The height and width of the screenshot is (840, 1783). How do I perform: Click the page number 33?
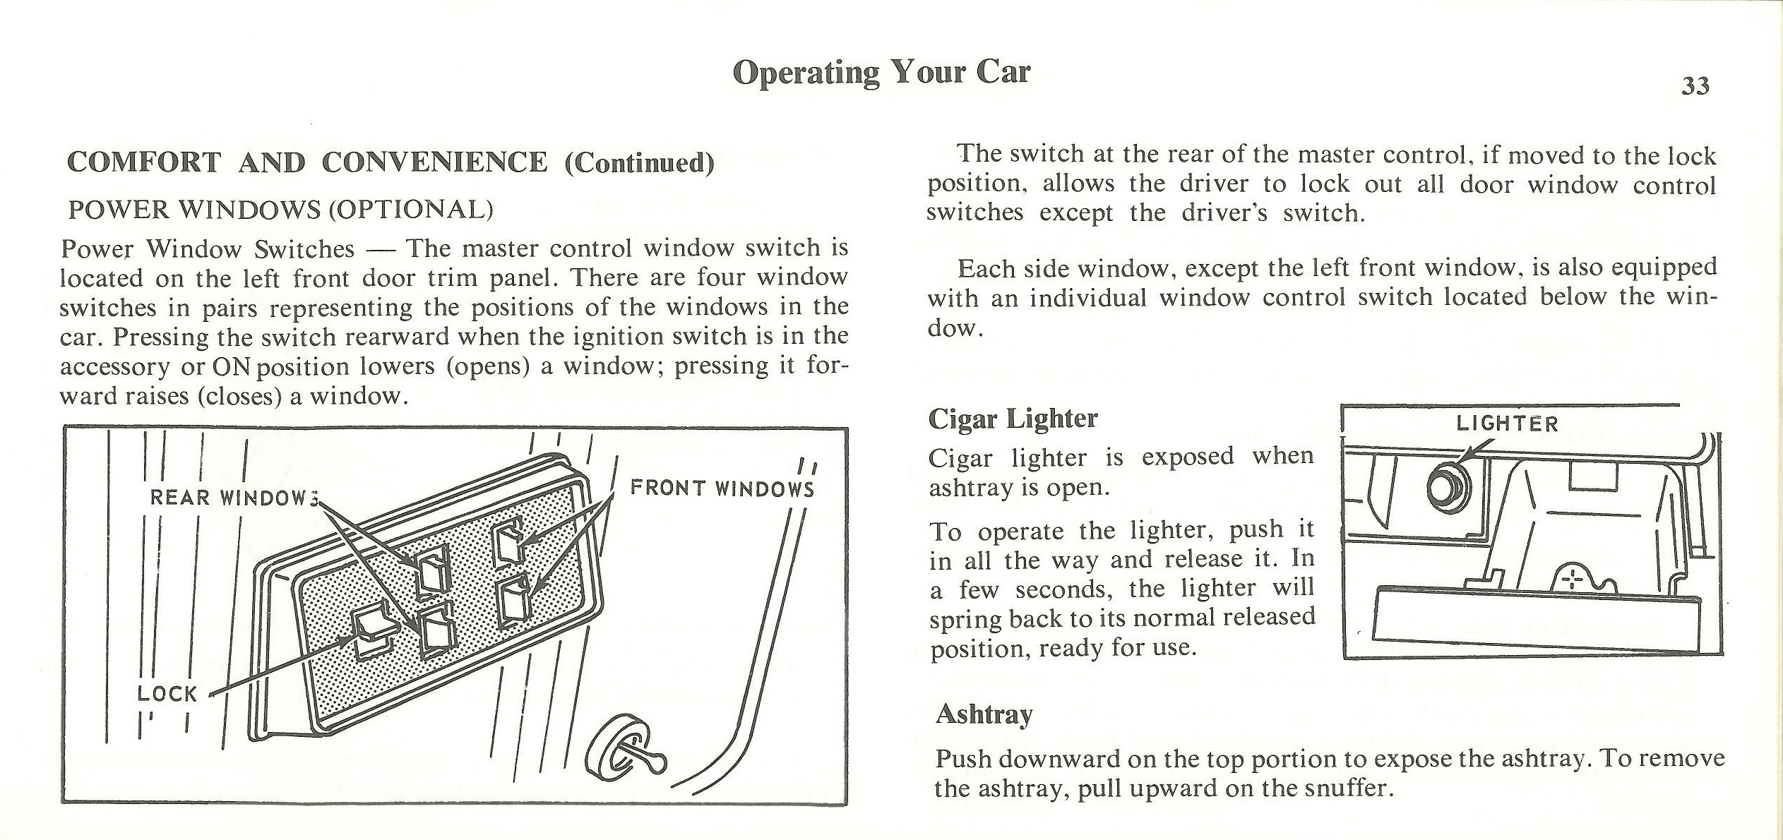tap(1695, 86)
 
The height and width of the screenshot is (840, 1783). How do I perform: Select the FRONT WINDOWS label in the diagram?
tap(722, 488)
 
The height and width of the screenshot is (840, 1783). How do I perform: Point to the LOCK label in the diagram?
tap(167, 694)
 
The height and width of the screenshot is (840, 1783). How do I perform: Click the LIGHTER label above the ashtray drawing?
tap(1507, 424)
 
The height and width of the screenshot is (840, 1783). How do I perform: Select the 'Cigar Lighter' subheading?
tap(1013, 419)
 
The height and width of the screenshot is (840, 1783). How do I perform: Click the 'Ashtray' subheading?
tap(984, 714)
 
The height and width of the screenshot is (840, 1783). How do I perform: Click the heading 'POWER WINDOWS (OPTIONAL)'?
tap(280, 210)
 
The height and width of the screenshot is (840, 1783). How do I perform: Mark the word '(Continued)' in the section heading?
tap(640, 162)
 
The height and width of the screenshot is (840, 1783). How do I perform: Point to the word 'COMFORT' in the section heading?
tap(144, 162)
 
